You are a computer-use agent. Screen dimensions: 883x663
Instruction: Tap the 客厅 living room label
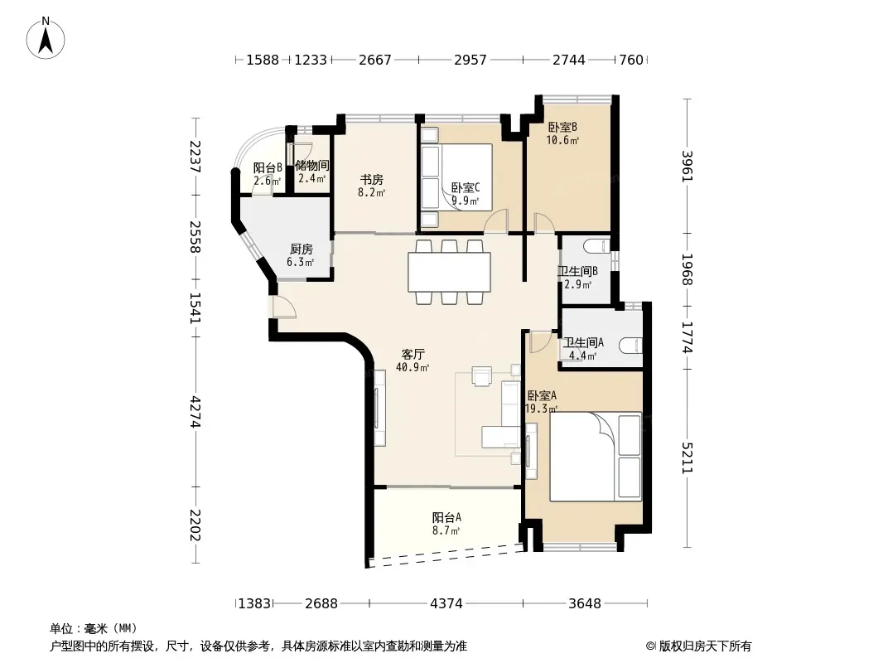click(x=413, y=355)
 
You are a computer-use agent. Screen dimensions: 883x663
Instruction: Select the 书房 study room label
click(x=372, y=180)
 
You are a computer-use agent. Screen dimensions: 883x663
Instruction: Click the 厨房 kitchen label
click(x=302, y=249)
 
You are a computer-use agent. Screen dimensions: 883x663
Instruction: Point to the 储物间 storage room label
click(x=312, y=166)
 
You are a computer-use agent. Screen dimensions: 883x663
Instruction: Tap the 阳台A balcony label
click(x=447, y=517)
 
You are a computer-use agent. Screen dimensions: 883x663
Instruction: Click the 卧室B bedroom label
click(x=562, y=128)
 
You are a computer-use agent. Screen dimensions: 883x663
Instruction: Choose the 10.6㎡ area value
click(x=562, y=140)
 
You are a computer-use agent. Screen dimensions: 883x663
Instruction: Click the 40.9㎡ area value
click(x=413, y=368)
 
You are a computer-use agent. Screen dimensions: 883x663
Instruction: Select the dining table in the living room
click(x=450, y=272)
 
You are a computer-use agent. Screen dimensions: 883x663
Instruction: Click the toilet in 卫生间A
click(x=630, y=345)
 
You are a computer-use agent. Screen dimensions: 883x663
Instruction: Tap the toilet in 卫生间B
click(x=597, y=245)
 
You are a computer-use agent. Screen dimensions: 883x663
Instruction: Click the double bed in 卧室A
click(x=596, y=457)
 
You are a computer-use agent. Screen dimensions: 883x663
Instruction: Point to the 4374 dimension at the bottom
click(x=446, y=604)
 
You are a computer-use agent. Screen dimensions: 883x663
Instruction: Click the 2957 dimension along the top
click(x=470, y=60)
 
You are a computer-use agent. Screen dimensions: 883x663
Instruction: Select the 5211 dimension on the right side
click(x=687, y=458)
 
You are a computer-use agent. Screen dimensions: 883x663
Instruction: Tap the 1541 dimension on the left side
click(x=195, y=308)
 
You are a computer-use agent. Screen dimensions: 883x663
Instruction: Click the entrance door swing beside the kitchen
click(x=284, y=307)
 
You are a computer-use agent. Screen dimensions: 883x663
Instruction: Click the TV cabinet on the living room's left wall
click(x=380, y=408)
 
